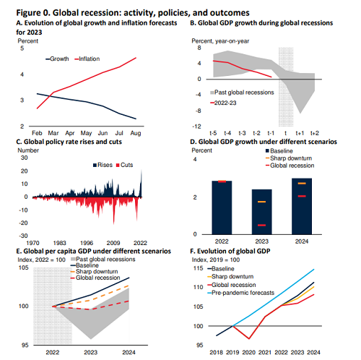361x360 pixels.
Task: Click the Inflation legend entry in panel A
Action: tap(87, 59)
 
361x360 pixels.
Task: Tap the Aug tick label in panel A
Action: tap(136, 133)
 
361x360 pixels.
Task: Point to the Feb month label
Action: tap(37, 133)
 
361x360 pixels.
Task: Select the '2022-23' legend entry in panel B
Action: tap(223, 103)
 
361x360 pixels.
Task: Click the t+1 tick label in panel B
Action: tap(300, 133)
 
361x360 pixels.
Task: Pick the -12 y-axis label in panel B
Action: tap(196, 127)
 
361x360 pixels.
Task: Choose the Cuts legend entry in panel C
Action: tap(125, 165)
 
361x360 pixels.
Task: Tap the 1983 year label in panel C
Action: tap(59, 243)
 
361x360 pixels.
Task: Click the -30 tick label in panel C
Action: tap(24, 236)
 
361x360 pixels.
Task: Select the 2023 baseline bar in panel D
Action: tap(262, 212)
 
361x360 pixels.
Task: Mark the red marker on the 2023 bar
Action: tap(261, 226)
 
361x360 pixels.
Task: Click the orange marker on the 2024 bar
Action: tap(302, 184)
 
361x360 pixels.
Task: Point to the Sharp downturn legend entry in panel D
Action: tap(289, 158)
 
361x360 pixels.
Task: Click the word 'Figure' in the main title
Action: tap(27, 13)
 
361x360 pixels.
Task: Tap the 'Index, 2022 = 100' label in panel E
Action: tap(41, 260)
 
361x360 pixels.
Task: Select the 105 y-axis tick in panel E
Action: tap(24, 267)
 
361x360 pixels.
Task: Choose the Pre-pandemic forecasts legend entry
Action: tap(240, 293)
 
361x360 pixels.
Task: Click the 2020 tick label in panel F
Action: tap(248, 353)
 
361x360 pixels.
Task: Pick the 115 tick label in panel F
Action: tap(199, 268)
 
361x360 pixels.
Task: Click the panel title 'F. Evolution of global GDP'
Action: tap(230, 252)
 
